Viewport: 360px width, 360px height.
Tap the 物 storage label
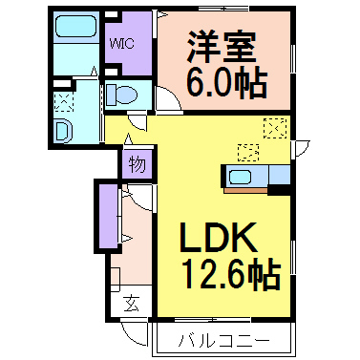coord(137,164)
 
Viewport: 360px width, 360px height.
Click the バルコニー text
coord(221,340)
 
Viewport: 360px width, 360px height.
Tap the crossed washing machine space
coord(63,99)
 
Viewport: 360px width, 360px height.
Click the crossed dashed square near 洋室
coord(275,127)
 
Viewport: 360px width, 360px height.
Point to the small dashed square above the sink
coord(247,151)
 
